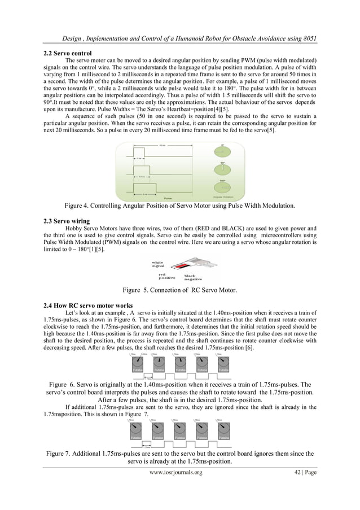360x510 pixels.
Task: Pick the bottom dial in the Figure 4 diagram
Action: pyautogui.click(x=223, y=187)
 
